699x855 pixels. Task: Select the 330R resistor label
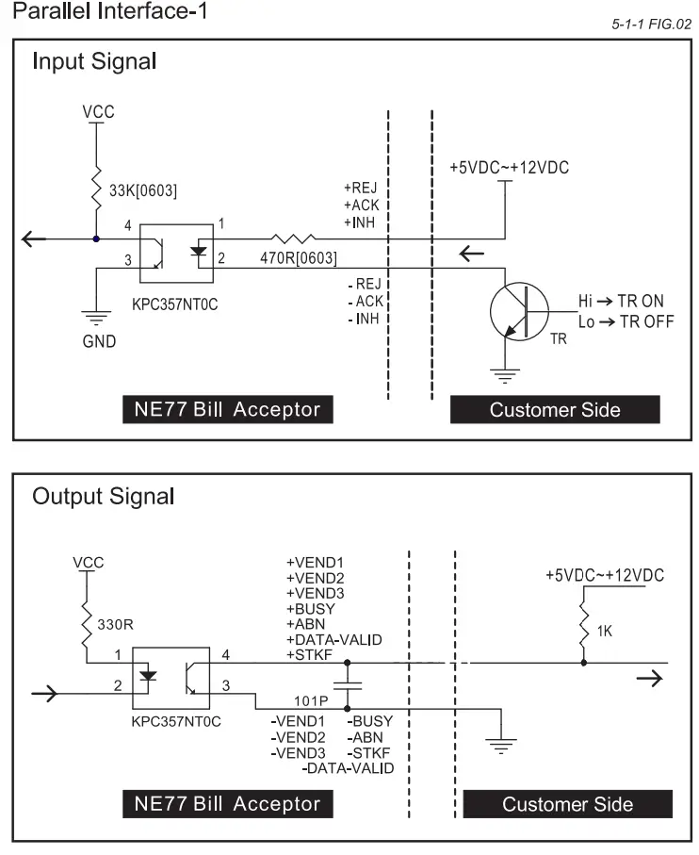point(116,623)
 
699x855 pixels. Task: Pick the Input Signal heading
point(94,63)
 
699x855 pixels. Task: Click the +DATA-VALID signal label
point(334,640)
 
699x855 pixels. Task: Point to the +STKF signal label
point(311,655)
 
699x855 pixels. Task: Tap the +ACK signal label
point(361,206)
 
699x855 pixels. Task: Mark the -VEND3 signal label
point(298,753)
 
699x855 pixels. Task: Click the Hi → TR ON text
point(621,301)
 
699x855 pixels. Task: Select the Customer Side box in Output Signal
point(567,804)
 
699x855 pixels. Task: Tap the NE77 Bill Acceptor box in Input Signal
point(228,409)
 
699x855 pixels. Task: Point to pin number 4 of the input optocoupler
point(127,225)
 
